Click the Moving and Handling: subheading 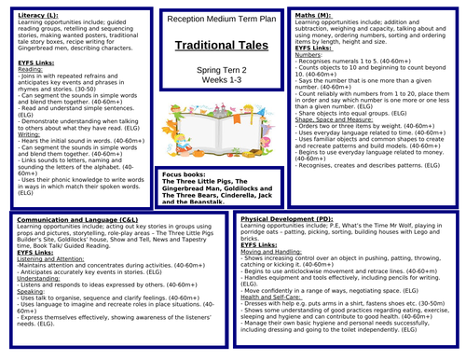(271, 252)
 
